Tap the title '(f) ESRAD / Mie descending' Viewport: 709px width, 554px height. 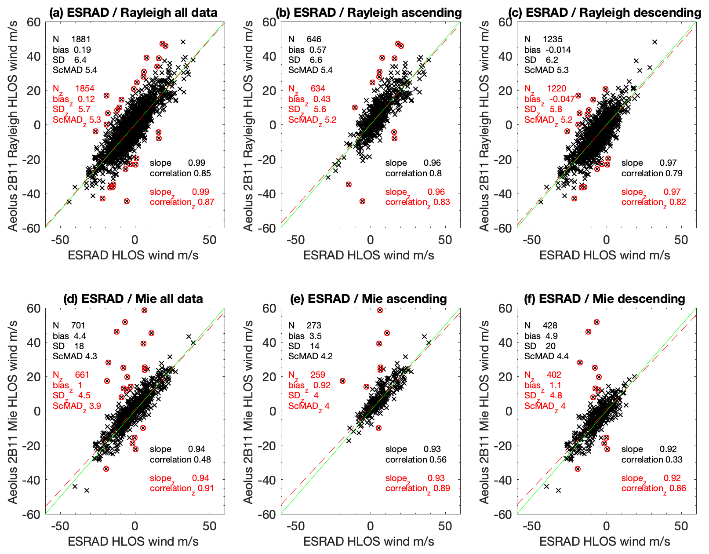(612, 299)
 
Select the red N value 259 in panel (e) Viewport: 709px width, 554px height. (318, 375)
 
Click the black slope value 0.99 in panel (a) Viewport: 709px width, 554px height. (196, 163)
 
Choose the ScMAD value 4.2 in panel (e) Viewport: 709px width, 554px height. (324, 356)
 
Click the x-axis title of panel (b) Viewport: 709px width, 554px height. (369, 255)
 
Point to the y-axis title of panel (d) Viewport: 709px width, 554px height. (13, 412)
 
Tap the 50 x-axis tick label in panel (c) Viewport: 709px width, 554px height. (681, 240)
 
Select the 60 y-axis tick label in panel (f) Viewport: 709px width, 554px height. (505, 308)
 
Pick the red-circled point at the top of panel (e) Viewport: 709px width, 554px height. (380, 310)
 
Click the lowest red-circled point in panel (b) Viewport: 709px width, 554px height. (362, 201)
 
